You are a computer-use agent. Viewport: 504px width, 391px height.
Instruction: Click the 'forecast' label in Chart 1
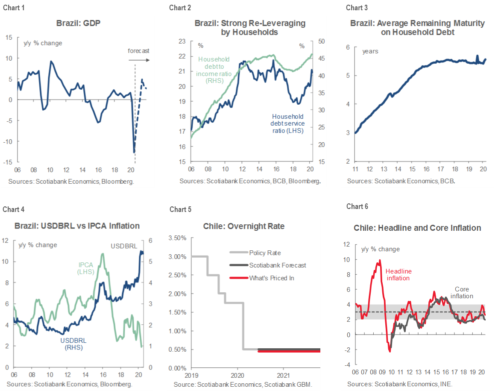139,51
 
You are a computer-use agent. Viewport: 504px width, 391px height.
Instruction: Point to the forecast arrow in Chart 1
142,60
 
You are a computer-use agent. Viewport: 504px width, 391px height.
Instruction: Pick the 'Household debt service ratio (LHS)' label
288,123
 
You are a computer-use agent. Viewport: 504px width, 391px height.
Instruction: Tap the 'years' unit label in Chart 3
370,51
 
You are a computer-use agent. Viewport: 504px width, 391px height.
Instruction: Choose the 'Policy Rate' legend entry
265,253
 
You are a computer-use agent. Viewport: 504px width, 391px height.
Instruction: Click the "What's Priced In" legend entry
272,278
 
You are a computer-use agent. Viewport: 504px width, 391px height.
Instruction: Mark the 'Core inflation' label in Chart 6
462,293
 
